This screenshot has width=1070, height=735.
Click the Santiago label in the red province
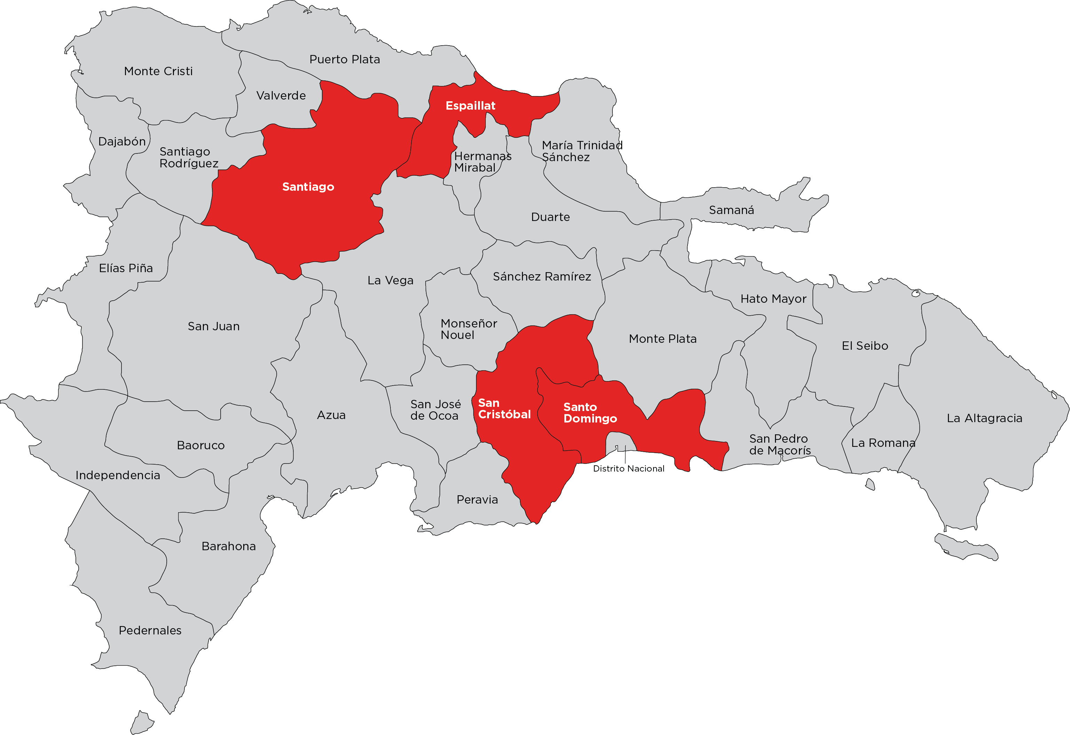tap(308, 187)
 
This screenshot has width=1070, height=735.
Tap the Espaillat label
tap(470, 105)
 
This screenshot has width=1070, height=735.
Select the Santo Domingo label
tap(590, 413)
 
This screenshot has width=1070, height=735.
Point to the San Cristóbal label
tap(504, 409)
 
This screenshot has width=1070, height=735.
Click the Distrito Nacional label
tap(628, 468)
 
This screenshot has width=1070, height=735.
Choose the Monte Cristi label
tap(158, 71)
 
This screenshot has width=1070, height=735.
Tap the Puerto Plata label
tap(344, 60)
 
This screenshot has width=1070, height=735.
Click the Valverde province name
tap(281, 95)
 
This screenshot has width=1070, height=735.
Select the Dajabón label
tap(122, 141)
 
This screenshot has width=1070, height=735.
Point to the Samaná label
tap(731, 210)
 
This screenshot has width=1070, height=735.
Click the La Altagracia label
tap(984, 418)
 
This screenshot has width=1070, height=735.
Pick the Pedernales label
tap(150, 630)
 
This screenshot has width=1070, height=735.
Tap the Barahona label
tap(228, 546)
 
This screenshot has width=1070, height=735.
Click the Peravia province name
tap(477, 500)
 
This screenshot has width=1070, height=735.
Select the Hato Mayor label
tap(773, 299)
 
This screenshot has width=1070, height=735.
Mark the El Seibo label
tap(865, 346)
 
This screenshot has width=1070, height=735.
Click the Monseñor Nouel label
tap(468, 329)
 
